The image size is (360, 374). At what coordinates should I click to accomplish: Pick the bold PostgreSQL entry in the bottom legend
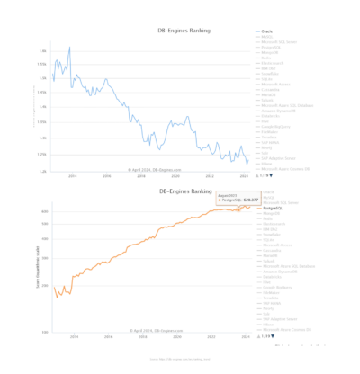click(x=274, y=209)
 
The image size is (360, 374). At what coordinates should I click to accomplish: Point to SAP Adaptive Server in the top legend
click(x=276, y=157)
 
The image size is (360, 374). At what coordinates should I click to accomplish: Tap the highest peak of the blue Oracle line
click(x=69, y=48)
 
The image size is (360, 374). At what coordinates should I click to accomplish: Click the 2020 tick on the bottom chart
click(x=176, y=338)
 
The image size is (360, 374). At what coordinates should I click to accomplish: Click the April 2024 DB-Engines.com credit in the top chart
click(x=155, y=168)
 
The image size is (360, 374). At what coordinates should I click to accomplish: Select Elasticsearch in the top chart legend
click(x=274, y=61)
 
